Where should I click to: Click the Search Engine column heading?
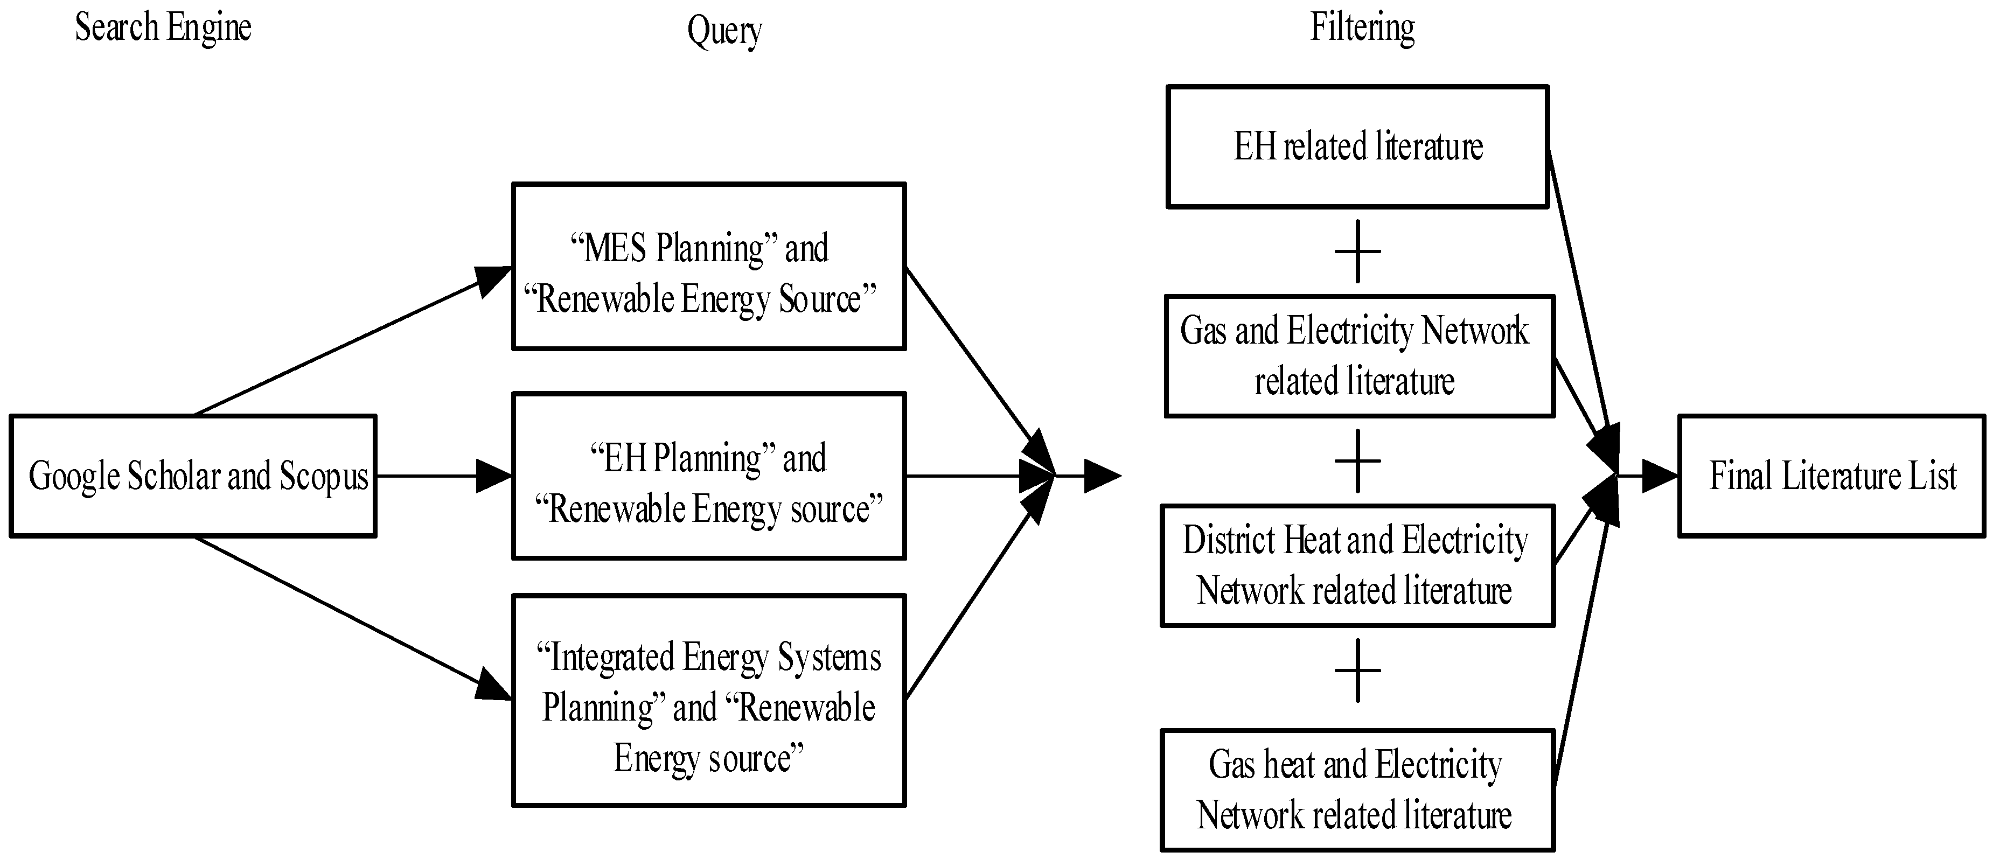click(163, 28)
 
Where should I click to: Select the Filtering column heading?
click(1362, 28)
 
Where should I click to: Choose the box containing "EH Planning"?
click(709, 476)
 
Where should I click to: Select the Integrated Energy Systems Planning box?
click(709, 700)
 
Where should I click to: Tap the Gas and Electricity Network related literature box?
click(1360, 357)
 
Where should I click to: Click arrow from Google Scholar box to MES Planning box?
click(348, 343)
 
